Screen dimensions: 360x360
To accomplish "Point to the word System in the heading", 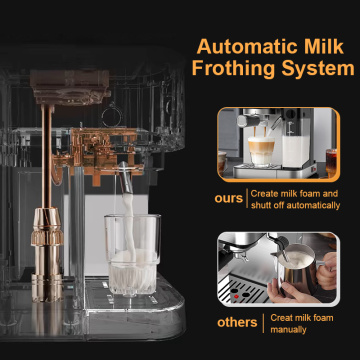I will point(319,69).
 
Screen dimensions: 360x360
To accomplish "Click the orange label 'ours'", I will point(229,198).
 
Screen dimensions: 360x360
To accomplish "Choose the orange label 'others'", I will point(237,322).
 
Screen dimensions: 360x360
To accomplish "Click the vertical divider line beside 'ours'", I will point(247,198).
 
